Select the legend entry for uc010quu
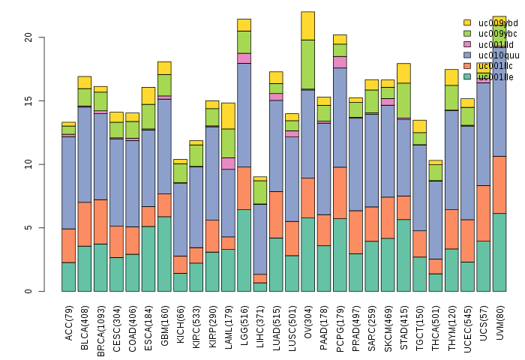pos(492,55)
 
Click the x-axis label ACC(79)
pos(69,322)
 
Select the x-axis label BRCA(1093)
pos(100,327)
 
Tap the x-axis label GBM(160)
pos(164,323)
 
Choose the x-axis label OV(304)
pos(307,322)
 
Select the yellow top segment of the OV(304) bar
pos(307,25)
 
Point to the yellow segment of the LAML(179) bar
pos(228,115)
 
